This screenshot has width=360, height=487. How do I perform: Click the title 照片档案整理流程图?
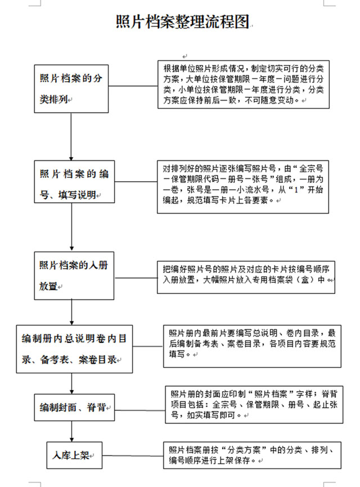click(183, 22)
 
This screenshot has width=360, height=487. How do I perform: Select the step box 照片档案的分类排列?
click(71, 89)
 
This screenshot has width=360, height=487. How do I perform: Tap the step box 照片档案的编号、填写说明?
click(74, 182)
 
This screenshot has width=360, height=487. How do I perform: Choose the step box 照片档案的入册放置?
click(74, 276)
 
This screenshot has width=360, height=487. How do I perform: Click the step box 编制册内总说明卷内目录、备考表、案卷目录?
click(74, 349)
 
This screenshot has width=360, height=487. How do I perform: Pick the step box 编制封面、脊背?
click(74, 408)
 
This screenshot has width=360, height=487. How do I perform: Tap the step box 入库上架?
click(74, 455)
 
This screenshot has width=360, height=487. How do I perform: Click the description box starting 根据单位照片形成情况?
click(244, 84)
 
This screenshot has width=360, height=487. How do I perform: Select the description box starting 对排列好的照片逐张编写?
click(243, 187)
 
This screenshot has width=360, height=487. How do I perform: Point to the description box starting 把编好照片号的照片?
click(246, 278)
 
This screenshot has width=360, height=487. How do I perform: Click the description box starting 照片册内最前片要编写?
click(253, 346)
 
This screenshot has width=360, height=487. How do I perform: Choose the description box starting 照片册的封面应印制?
click(254, 405)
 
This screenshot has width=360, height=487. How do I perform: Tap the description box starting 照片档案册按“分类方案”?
click(253, 455)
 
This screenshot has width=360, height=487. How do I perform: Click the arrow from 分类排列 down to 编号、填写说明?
click(71, 137)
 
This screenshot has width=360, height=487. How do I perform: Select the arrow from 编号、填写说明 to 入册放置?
click(71, 227)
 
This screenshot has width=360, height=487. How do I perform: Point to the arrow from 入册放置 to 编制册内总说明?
click(71, 312)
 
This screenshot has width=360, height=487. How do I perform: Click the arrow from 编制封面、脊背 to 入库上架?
click(71, 431)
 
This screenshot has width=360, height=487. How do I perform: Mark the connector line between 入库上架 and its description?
click(133, 456)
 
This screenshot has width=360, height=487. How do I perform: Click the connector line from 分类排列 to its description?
click(133, 86)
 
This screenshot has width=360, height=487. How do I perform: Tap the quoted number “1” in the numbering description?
click(296, 190)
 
